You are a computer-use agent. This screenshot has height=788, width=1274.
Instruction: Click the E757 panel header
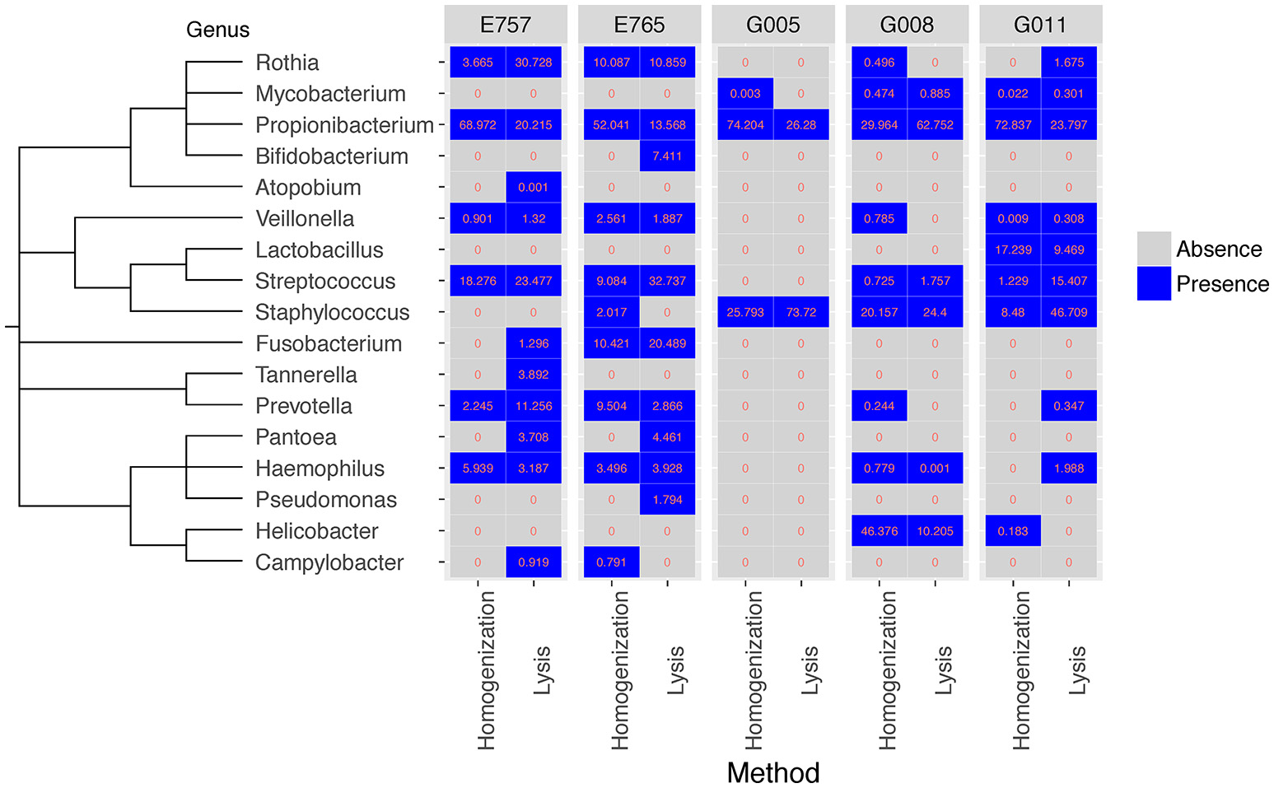(x=506, y=25)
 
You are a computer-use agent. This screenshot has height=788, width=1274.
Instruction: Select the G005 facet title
(x=772, y=25)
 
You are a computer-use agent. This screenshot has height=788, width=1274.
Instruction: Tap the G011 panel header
(x=1040, y=25)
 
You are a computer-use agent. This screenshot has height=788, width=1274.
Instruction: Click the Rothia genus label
(x=287, y=63)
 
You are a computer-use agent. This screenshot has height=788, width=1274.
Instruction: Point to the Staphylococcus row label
(x=332, y=313)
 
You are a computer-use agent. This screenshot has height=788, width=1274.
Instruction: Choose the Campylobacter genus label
(x=329, y=562)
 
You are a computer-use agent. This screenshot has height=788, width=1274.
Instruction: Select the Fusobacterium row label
(x=329, y=344)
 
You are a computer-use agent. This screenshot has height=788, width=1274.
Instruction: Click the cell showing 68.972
(x=478, y=125)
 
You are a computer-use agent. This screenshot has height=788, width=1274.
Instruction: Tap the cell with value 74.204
(x=745, y=125)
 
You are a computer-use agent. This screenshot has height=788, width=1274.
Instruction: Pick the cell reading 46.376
(x=879, y=531)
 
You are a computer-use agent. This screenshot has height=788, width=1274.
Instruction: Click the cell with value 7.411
(x=667, y=156)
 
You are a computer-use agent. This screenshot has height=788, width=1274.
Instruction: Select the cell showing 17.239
(x=1013, y=250)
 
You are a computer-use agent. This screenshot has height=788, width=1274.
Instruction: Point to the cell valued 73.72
(x=800, y=313)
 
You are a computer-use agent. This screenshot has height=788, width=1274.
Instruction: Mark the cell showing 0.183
(x=1013, y=531)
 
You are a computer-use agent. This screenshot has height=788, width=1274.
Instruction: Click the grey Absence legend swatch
(x=1154, y=249)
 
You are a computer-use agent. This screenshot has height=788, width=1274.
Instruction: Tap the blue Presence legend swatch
(x=1154, y=283)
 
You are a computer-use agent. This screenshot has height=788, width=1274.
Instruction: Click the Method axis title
(x=772, y=772)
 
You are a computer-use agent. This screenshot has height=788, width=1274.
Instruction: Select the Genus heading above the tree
(x=217, y=30)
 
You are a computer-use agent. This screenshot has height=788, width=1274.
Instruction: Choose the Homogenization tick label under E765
(x=619, y=670)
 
